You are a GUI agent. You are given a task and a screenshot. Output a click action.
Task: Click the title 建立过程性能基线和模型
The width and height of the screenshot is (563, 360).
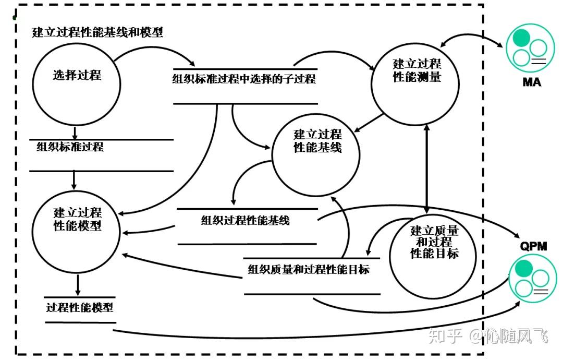click(x=97, y=32)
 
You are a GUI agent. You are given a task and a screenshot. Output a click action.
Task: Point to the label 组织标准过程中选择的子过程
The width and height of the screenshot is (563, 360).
click(x=244, y=79)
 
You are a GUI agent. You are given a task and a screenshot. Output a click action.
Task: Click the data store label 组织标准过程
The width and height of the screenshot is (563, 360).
click(x=70, y=147)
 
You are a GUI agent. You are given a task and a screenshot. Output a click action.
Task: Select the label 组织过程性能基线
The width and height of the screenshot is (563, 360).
click(x=245, y=220)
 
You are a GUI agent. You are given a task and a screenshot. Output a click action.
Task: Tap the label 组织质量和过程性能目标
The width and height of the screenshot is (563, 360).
click(x=309, y=270)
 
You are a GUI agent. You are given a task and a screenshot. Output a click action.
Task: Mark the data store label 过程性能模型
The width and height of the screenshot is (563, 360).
click(x=79, y=307)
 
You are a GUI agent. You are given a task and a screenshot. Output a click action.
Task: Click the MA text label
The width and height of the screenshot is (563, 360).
click(x=532, y=82)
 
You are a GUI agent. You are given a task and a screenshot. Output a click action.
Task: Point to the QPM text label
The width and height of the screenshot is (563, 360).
click(x=533, y=246)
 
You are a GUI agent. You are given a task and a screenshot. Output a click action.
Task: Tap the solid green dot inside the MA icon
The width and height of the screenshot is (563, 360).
click(x=521, y=38)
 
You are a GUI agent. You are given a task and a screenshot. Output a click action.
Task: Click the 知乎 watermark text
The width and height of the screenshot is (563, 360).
click(x=446, y=335)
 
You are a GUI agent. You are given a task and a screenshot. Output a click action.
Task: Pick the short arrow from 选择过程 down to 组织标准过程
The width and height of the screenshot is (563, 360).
click(x=75, y=131)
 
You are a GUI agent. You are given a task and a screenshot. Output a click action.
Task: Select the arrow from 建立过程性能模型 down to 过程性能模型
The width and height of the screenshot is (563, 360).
click(x=78, y=284)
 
